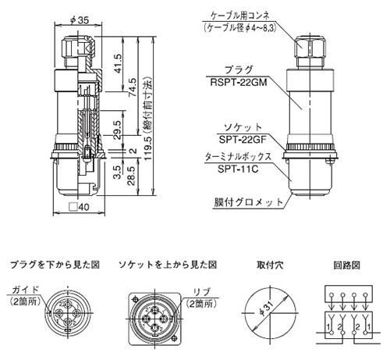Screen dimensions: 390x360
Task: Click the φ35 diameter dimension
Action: coord(80,20)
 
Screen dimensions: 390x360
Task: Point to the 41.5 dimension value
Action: coord(118,63)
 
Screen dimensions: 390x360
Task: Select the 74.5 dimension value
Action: coord(133,87)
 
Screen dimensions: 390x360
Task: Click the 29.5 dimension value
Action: coord(118,130)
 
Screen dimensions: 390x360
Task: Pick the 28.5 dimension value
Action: coord(132,176)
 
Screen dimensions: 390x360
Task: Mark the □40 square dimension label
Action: coord(80,207)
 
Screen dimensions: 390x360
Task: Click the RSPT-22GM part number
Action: coord(239,82)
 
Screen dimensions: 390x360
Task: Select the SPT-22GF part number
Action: coord(243,139)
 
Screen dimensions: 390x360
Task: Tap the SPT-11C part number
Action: coord(238,169)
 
